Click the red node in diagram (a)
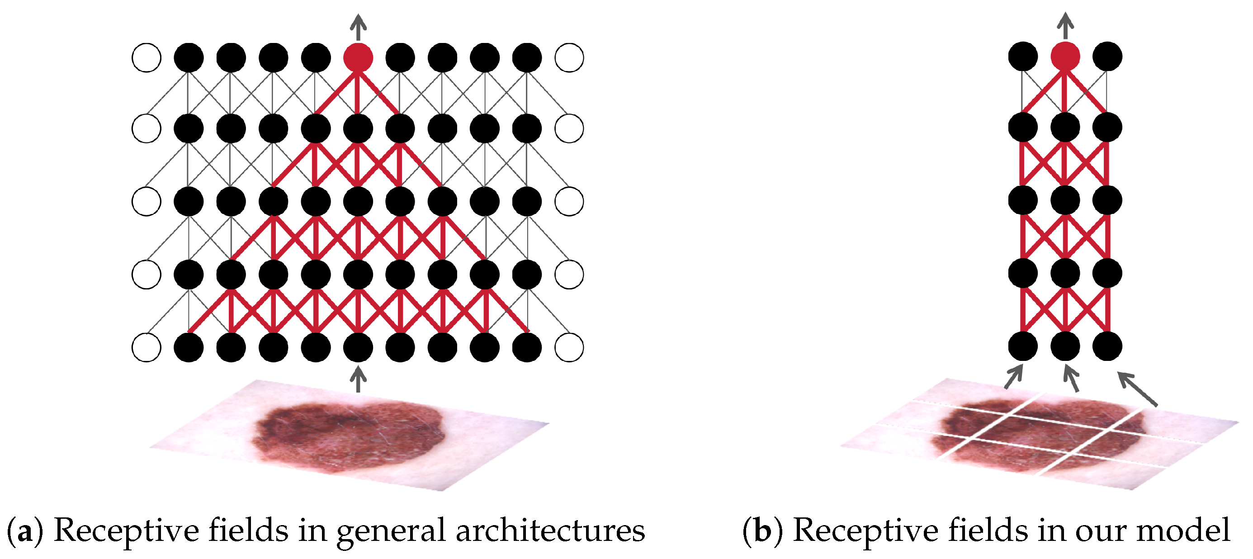(x=358, y=57)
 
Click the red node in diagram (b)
(x=1065, y=57)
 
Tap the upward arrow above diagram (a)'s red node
(x=358, y=27)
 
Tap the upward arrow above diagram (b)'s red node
(x=1065, y=25)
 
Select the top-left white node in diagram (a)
(x=147, y=57)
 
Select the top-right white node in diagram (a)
(x=569, y=57)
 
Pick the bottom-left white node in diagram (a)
(x=147, y=347)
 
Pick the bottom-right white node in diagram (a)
(x=569, y=347)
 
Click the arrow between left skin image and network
(x=358, y=379)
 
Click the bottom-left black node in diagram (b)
(x=1023, y=346)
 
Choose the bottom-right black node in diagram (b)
(x=1107, y=346)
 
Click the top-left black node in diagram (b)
(x=1023, y=57)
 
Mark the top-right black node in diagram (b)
(x=1107, y=57)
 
